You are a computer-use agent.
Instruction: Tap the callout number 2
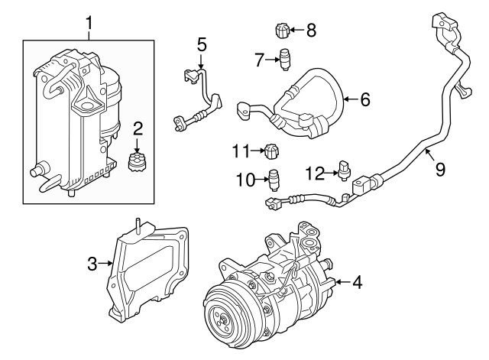click(x=138, y=127)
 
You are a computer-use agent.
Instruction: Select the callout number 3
click(x=92, y=264)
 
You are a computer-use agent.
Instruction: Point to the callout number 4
click(x=357, y=282)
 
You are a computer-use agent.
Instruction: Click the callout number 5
click(x=202, y=44)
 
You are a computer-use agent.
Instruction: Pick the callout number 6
click(x=364, y=99)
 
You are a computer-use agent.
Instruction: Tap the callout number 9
click(x=440, y=169)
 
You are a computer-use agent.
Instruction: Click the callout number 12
click(x=315, y=173)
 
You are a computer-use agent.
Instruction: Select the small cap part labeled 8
click(x=280, y=31)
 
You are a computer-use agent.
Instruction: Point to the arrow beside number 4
click(x=340, y=282)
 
